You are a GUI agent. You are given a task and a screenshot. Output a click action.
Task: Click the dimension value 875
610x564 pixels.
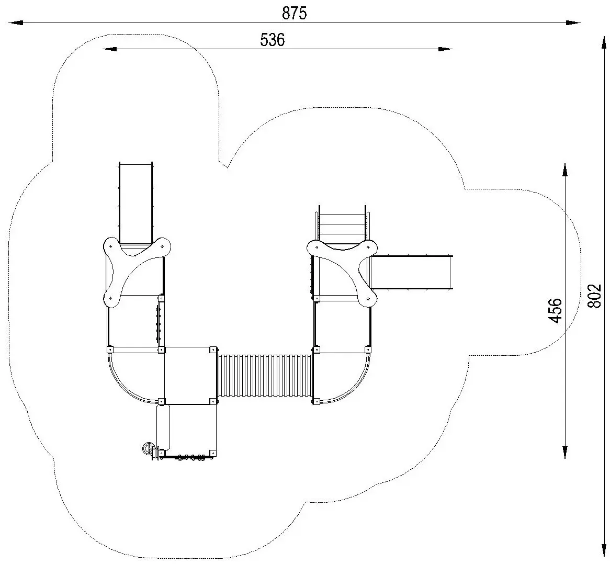(x=295, y=13)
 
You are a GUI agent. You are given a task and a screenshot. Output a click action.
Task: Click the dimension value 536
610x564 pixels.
(x=273, y=40)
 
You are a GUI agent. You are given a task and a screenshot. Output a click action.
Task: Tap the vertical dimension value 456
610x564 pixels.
(x=556, y=310)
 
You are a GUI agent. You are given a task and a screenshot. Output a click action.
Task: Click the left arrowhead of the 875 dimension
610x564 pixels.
(x=16, y=23)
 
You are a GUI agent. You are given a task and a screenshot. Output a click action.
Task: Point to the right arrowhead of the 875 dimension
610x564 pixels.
(x=573, y=23)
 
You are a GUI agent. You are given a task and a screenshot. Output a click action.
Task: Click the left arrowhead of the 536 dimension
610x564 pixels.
(x=110, y=49)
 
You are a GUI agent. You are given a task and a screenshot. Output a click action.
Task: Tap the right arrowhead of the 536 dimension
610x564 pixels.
(x=445, y=49)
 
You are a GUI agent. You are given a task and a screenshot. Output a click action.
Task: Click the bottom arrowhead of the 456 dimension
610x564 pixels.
(x=565, y=451)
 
